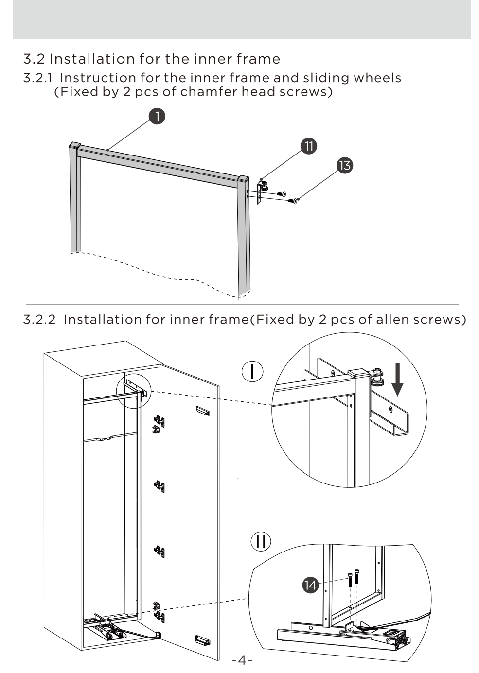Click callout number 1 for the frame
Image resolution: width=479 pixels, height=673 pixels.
click(x=157, y=116)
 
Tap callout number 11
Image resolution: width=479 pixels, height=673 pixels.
click(x=309, y=146)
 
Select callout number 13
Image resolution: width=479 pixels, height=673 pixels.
click(x=345, y=165)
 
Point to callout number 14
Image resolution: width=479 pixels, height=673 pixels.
click(x=310, y=585)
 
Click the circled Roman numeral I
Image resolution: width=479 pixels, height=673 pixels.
click(x=252, y=371)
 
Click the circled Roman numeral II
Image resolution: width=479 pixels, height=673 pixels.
click(x=261, y=541)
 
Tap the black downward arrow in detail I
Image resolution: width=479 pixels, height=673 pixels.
click(x=397, y=380)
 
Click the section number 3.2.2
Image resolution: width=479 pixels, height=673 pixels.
click(x=39, y=319)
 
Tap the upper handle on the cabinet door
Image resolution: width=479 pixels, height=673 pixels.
click(x=203, y=411)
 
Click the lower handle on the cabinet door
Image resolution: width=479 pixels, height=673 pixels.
click(x=202, y=639)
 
